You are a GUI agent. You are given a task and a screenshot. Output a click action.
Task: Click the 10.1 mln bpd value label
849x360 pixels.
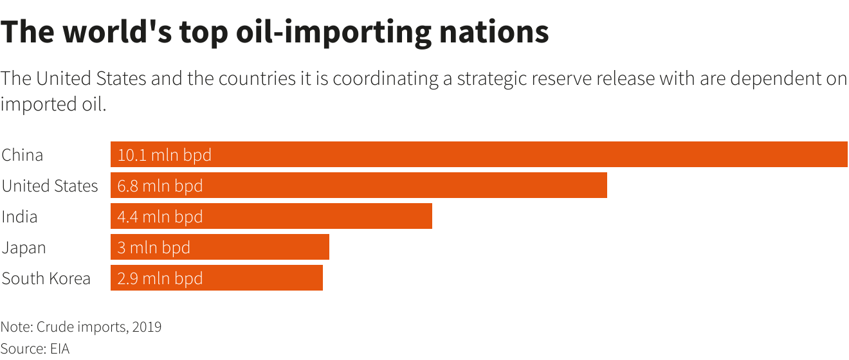pos(164,155)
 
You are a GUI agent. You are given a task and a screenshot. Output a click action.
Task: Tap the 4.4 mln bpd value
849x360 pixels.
pos(160,217)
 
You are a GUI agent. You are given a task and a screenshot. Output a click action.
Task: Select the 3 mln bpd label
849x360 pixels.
pos(154,248)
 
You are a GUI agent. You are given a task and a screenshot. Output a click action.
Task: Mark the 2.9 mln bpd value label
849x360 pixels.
pos(160,278)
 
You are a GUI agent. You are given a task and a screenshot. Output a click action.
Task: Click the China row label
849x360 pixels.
pos(23,155)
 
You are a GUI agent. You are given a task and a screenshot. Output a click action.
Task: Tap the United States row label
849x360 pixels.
pos(50,186)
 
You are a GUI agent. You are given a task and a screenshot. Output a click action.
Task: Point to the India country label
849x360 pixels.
pos(19,217)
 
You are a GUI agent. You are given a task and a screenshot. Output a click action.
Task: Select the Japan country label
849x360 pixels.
pos(24,248)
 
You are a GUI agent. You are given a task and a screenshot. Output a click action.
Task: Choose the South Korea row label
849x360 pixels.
pos(46,278)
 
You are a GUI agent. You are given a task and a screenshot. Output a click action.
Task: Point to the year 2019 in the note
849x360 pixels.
pos(147,327)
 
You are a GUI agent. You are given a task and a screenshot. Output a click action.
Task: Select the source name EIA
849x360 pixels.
pos(59,349)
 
